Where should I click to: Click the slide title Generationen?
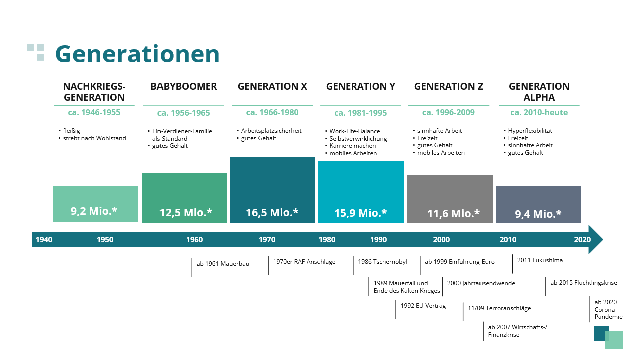point(137,54)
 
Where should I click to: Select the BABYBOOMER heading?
point(184,86)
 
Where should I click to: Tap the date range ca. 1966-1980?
point(272,113)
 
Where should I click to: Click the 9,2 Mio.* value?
point(94,211)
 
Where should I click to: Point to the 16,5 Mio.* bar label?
point(272,212)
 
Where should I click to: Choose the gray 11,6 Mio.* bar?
point(450,199)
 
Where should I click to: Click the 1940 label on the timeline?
point(44,240)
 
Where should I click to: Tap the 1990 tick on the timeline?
point(378,240)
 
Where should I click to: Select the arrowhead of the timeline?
point(595,240)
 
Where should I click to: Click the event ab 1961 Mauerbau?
point(223,264)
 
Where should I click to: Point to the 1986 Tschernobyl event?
point(382,262)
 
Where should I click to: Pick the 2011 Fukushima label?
point(540,260)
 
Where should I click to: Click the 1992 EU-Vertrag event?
point(423,306)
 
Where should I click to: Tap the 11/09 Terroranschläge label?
point(499,308)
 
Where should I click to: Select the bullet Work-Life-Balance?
point(354,131)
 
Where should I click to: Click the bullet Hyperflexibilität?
point(530,131)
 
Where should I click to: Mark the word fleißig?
point(71,131)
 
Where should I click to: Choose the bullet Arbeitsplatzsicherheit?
point(271,131)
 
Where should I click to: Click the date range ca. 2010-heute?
point(539,113)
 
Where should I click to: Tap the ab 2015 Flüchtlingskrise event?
point(584,283)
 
